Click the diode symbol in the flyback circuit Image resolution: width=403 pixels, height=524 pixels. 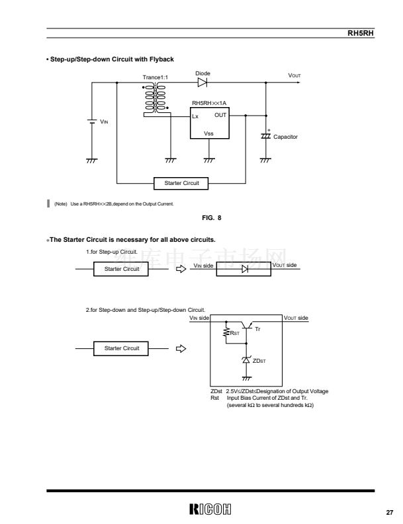click(202, 83)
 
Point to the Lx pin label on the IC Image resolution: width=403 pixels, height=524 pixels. click(196, 116)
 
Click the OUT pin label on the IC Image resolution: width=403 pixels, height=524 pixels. click(220, 114)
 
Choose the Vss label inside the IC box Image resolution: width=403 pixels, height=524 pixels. click(208, 133)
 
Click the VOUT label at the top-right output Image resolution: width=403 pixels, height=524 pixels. click(294, 76)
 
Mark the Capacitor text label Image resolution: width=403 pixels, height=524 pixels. click(286, 137)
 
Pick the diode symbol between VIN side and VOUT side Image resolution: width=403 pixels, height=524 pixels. click(244, 269)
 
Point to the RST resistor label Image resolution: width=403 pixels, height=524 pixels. click(234, 334)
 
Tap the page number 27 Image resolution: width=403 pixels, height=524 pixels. click(390, 512)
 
